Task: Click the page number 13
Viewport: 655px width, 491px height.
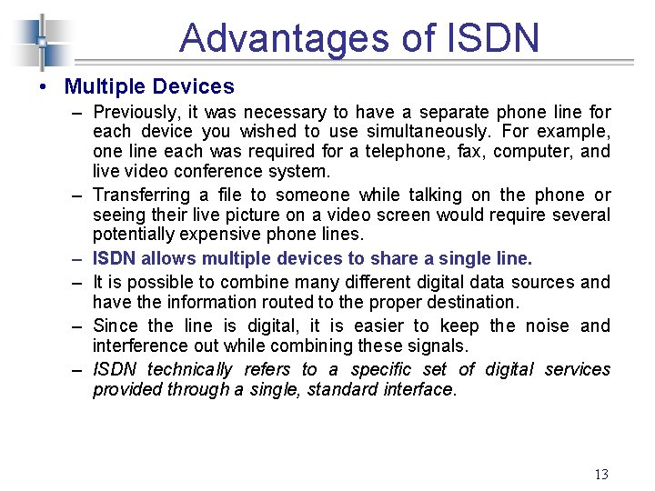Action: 600,474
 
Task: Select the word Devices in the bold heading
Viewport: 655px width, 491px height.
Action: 194,87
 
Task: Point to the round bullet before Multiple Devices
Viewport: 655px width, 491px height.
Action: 44,87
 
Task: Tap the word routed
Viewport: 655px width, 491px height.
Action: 261,302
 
